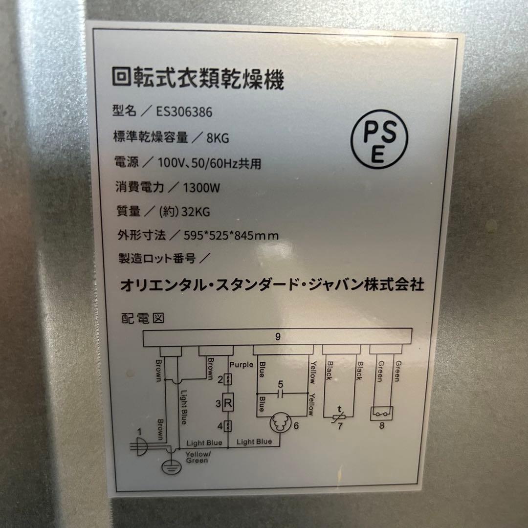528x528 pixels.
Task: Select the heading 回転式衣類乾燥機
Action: [x=198, y=79]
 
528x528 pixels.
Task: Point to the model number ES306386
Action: [x=184, y=112]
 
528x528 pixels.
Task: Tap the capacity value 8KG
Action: [x=218, y=138]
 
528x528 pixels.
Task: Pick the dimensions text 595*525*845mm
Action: [x=231, y=236]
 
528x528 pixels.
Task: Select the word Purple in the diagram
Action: [x=241, y=365]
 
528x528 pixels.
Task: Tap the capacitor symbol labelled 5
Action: [x=280, y=392]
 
